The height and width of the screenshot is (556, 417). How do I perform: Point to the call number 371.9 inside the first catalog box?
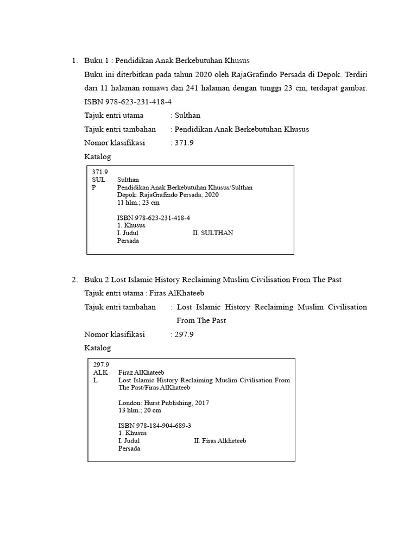[100, 172]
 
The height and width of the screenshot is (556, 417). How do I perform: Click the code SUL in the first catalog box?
[98, 180]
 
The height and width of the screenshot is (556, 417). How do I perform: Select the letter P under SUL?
[94, 187]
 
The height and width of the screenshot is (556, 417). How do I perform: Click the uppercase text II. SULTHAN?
[213, 233]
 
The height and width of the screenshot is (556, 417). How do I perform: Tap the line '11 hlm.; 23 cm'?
[138, 203]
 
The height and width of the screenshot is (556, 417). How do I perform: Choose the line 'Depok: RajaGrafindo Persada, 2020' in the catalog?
[168, 195]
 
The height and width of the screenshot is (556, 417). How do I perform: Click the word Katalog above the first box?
[98, 157]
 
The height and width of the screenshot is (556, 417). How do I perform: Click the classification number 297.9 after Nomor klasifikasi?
[184, 334]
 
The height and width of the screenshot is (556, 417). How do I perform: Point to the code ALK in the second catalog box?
[100, 373]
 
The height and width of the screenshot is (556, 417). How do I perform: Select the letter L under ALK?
[96, 381]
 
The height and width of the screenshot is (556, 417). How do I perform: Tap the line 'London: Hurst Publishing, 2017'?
[163, 403]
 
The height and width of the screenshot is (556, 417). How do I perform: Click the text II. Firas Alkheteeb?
[220, 441]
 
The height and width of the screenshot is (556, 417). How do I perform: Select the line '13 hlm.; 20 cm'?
[140, 410]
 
